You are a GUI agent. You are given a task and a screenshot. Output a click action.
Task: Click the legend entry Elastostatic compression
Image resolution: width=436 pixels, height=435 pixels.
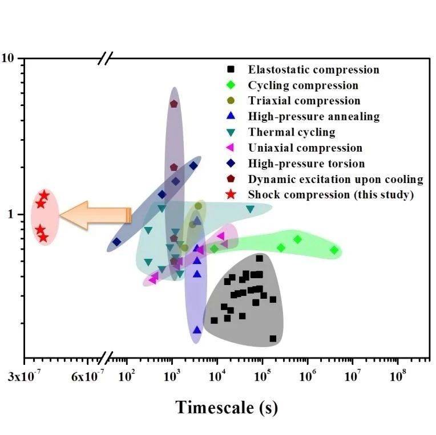(x=313, y=70)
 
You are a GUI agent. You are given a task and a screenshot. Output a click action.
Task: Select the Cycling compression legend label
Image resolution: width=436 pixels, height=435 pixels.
(x=303, y=86)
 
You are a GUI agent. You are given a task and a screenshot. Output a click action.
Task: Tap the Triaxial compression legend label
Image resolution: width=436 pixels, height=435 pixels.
(x=304, y=101)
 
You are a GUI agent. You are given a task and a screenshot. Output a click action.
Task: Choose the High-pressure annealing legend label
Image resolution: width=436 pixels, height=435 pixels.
(x=313, y=117)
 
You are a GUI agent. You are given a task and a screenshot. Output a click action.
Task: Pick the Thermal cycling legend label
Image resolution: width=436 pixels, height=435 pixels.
(x=292, y=132)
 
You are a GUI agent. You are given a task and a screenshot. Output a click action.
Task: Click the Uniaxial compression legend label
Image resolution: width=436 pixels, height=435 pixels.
(x=305, y=148)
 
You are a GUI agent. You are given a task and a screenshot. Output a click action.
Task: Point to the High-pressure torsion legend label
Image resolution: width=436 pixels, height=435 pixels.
(x=306, y=164)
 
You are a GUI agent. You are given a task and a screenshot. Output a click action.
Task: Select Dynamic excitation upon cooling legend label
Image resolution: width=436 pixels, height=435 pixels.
(x=336, y=179)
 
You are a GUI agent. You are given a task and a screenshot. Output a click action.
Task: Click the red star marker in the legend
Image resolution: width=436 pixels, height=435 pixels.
(x=231, y=194)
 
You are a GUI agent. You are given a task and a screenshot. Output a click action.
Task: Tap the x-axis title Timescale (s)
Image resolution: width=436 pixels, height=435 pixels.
(x=227, y=407)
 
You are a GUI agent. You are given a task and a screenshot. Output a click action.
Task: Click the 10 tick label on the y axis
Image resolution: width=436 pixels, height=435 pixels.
(x=13, y=59)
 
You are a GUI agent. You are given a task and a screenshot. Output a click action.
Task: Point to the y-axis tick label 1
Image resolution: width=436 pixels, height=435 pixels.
(x=17, y=214)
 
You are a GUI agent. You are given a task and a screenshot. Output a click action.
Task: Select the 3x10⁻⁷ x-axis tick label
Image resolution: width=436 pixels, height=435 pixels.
(x=25, y=377)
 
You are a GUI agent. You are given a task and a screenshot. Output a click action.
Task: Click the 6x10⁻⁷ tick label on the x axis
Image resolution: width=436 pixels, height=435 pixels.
(x=87, y=377)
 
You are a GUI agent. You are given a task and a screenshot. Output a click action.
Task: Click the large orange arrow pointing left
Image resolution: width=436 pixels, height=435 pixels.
(x=95, y=215)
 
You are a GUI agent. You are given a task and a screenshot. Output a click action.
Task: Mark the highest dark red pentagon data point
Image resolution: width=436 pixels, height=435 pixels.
(x=174, y=104)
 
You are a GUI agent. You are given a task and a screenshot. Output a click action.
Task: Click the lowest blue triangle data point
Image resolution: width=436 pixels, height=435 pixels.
(x=197, y=330)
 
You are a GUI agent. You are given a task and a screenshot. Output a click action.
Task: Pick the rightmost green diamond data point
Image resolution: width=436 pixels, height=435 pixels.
(x=334, y=250)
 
